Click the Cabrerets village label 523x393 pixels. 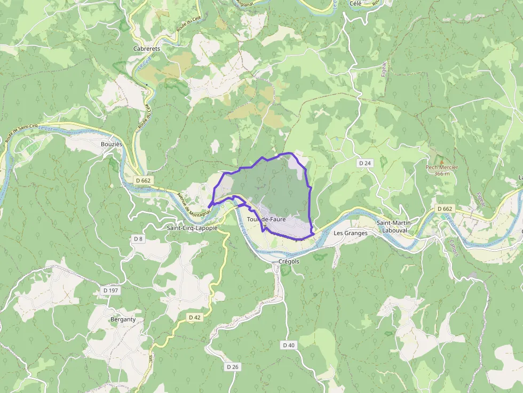pos(147,48)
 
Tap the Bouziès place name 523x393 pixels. pos(112,144)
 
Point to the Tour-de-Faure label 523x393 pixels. pos(266,219)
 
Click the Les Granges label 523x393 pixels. pos(350,233)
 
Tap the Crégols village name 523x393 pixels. pos(289,261)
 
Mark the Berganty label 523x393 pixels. pos(123,319)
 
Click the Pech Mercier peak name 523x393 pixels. pos(441,167)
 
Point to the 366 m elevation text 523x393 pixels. pos(442,173)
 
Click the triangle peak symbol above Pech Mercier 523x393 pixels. pos(441,160)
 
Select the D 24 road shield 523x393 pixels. pos(364,163)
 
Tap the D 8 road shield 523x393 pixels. pos(138,238)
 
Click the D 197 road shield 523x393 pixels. pos(110,290)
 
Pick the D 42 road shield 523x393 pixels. pos(195,317)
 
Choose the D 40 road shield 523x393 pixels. pos(289,345)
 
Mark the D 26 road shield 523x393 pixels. pos(232,367)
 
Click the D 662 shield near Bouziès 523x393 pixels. pos(143,180)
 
